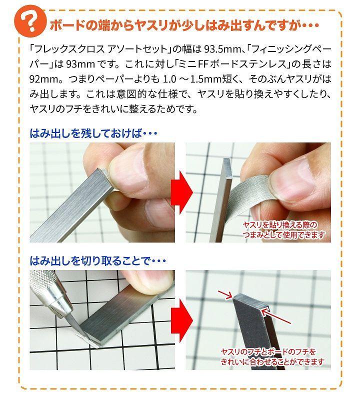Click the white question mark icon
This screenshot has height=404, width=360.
pyautogui.click(x=30, y=23)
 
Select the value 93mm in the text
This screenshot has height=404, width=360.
pyautogui.click(x=80, y=64)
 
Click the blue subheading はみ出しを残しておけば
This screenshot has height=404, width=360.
pyautogui.click(x=86, y=133)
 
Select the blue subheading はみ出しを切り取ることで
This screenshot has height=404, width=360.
pyautogui.click(x=90, y=261)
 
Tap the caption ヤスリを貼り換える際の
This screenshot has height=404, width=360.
pyautogui.click(x=280, y=225)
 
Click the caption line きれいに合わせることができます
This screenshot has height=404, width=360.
pyautogui.click(x=272, y=362)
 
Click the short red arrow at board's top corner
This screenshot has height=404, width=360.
pyautogui.click(x=225, y=295)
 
